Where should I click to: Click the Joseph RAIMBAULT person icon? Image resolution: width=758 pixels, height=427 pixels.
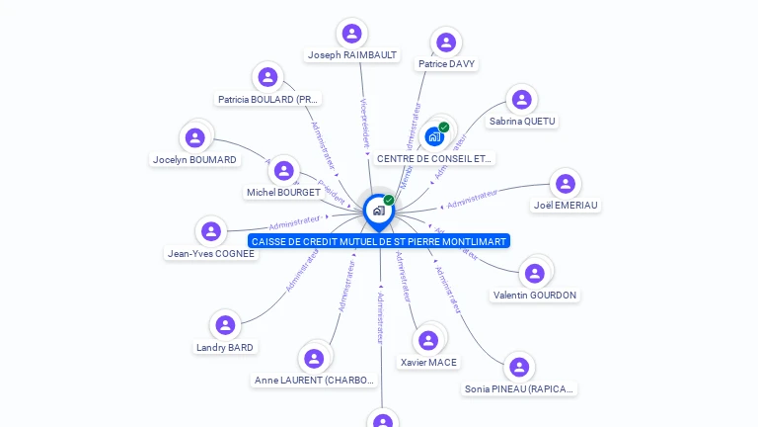(351, 34)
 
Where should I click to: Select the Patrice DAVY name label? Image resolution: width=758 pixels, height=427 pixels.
(446, 64)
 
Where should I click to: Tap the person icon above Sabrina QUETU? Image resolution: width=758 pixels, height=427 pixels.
(522, 100)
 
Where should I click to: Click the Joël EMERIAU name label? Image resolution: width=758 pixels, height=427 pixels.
(566, 206)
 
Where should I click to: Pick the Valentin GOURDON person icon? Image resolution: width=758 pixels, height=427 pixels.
(535, 273)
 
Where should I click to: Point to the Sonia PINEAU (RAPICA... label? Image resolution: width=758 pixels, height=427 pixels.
(519, 389)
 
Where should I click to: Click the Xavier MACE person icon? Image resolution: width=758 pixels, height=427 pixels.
(428, 341)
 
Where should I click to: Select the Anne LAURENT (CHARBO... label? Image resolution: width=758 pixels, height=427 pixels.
(315, 381)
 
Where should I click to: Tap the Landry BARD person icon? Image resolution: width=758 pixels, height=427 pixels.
(225, 325)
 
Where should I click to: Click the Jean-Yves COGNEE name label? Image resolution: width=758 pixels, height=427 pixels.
(211, 254)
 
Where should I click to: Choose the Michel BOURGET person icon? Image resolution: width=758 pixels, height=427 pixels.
(283, 171)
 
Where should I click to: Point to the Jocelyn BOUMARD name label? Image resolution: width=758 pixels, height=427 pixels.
(194, 160)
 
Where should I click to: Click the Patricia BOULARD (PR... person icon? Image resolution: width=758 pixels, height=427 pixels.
(267, 77)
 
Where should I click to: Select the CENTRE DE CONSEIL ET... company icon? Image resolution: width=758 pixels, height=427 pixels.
(434, 136)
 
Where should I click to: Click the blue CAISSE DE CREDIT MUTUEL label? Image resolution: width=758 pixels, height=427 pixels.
(379, 241)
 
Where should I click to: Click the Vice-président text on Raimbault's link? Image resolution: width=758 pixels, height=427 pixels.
(364, 125)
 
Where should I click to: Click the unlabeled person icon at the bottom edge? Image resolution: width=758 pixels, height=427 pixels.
(383, 420)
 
